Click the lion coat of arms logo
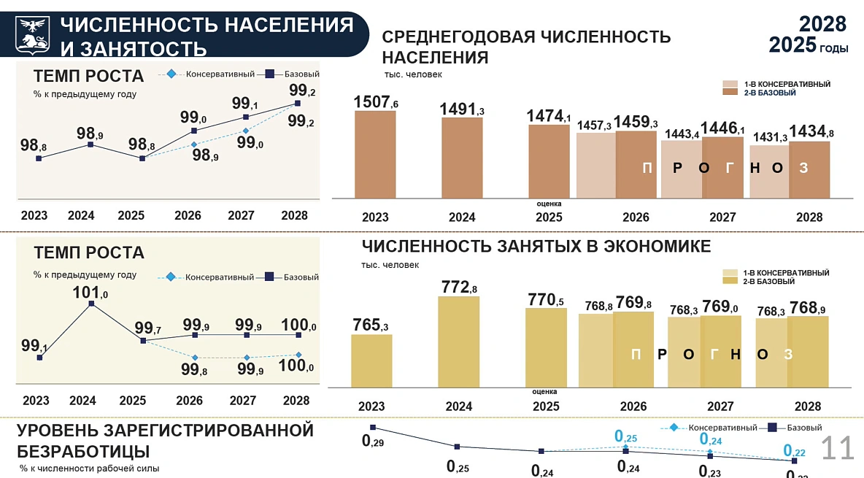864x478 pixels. click(x=32, y=34)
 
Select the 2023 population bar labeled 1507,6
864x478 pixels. click(x=375, y=154)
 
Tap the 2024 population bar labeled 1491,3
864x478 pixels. click(x=462, y=157)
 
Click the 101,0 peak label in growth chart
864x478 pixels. click(x=91, y=293)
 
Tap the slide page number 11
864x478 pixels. click(x=837, y=448)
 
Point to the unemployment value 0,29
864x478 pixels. click(x=374, y=442)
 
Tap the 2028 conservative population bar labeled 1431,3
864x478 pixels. click(x=768, y=171)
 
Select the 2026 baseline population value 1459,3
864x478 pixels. click(x=636, y=123)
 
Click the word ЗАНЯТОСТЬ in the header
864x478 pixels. click(x=133, y=49)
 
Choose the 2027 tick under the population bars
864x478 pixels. click(x=722, y=217)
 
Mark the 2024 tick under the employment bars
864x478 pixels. click(x=459, y=406)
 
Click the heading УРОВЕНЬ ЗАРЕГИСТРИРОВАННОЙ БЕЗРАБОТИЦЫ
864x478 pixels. click(x=165, y=440)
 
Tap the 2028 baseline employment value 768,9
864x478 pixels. click(x=808, y=307)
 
